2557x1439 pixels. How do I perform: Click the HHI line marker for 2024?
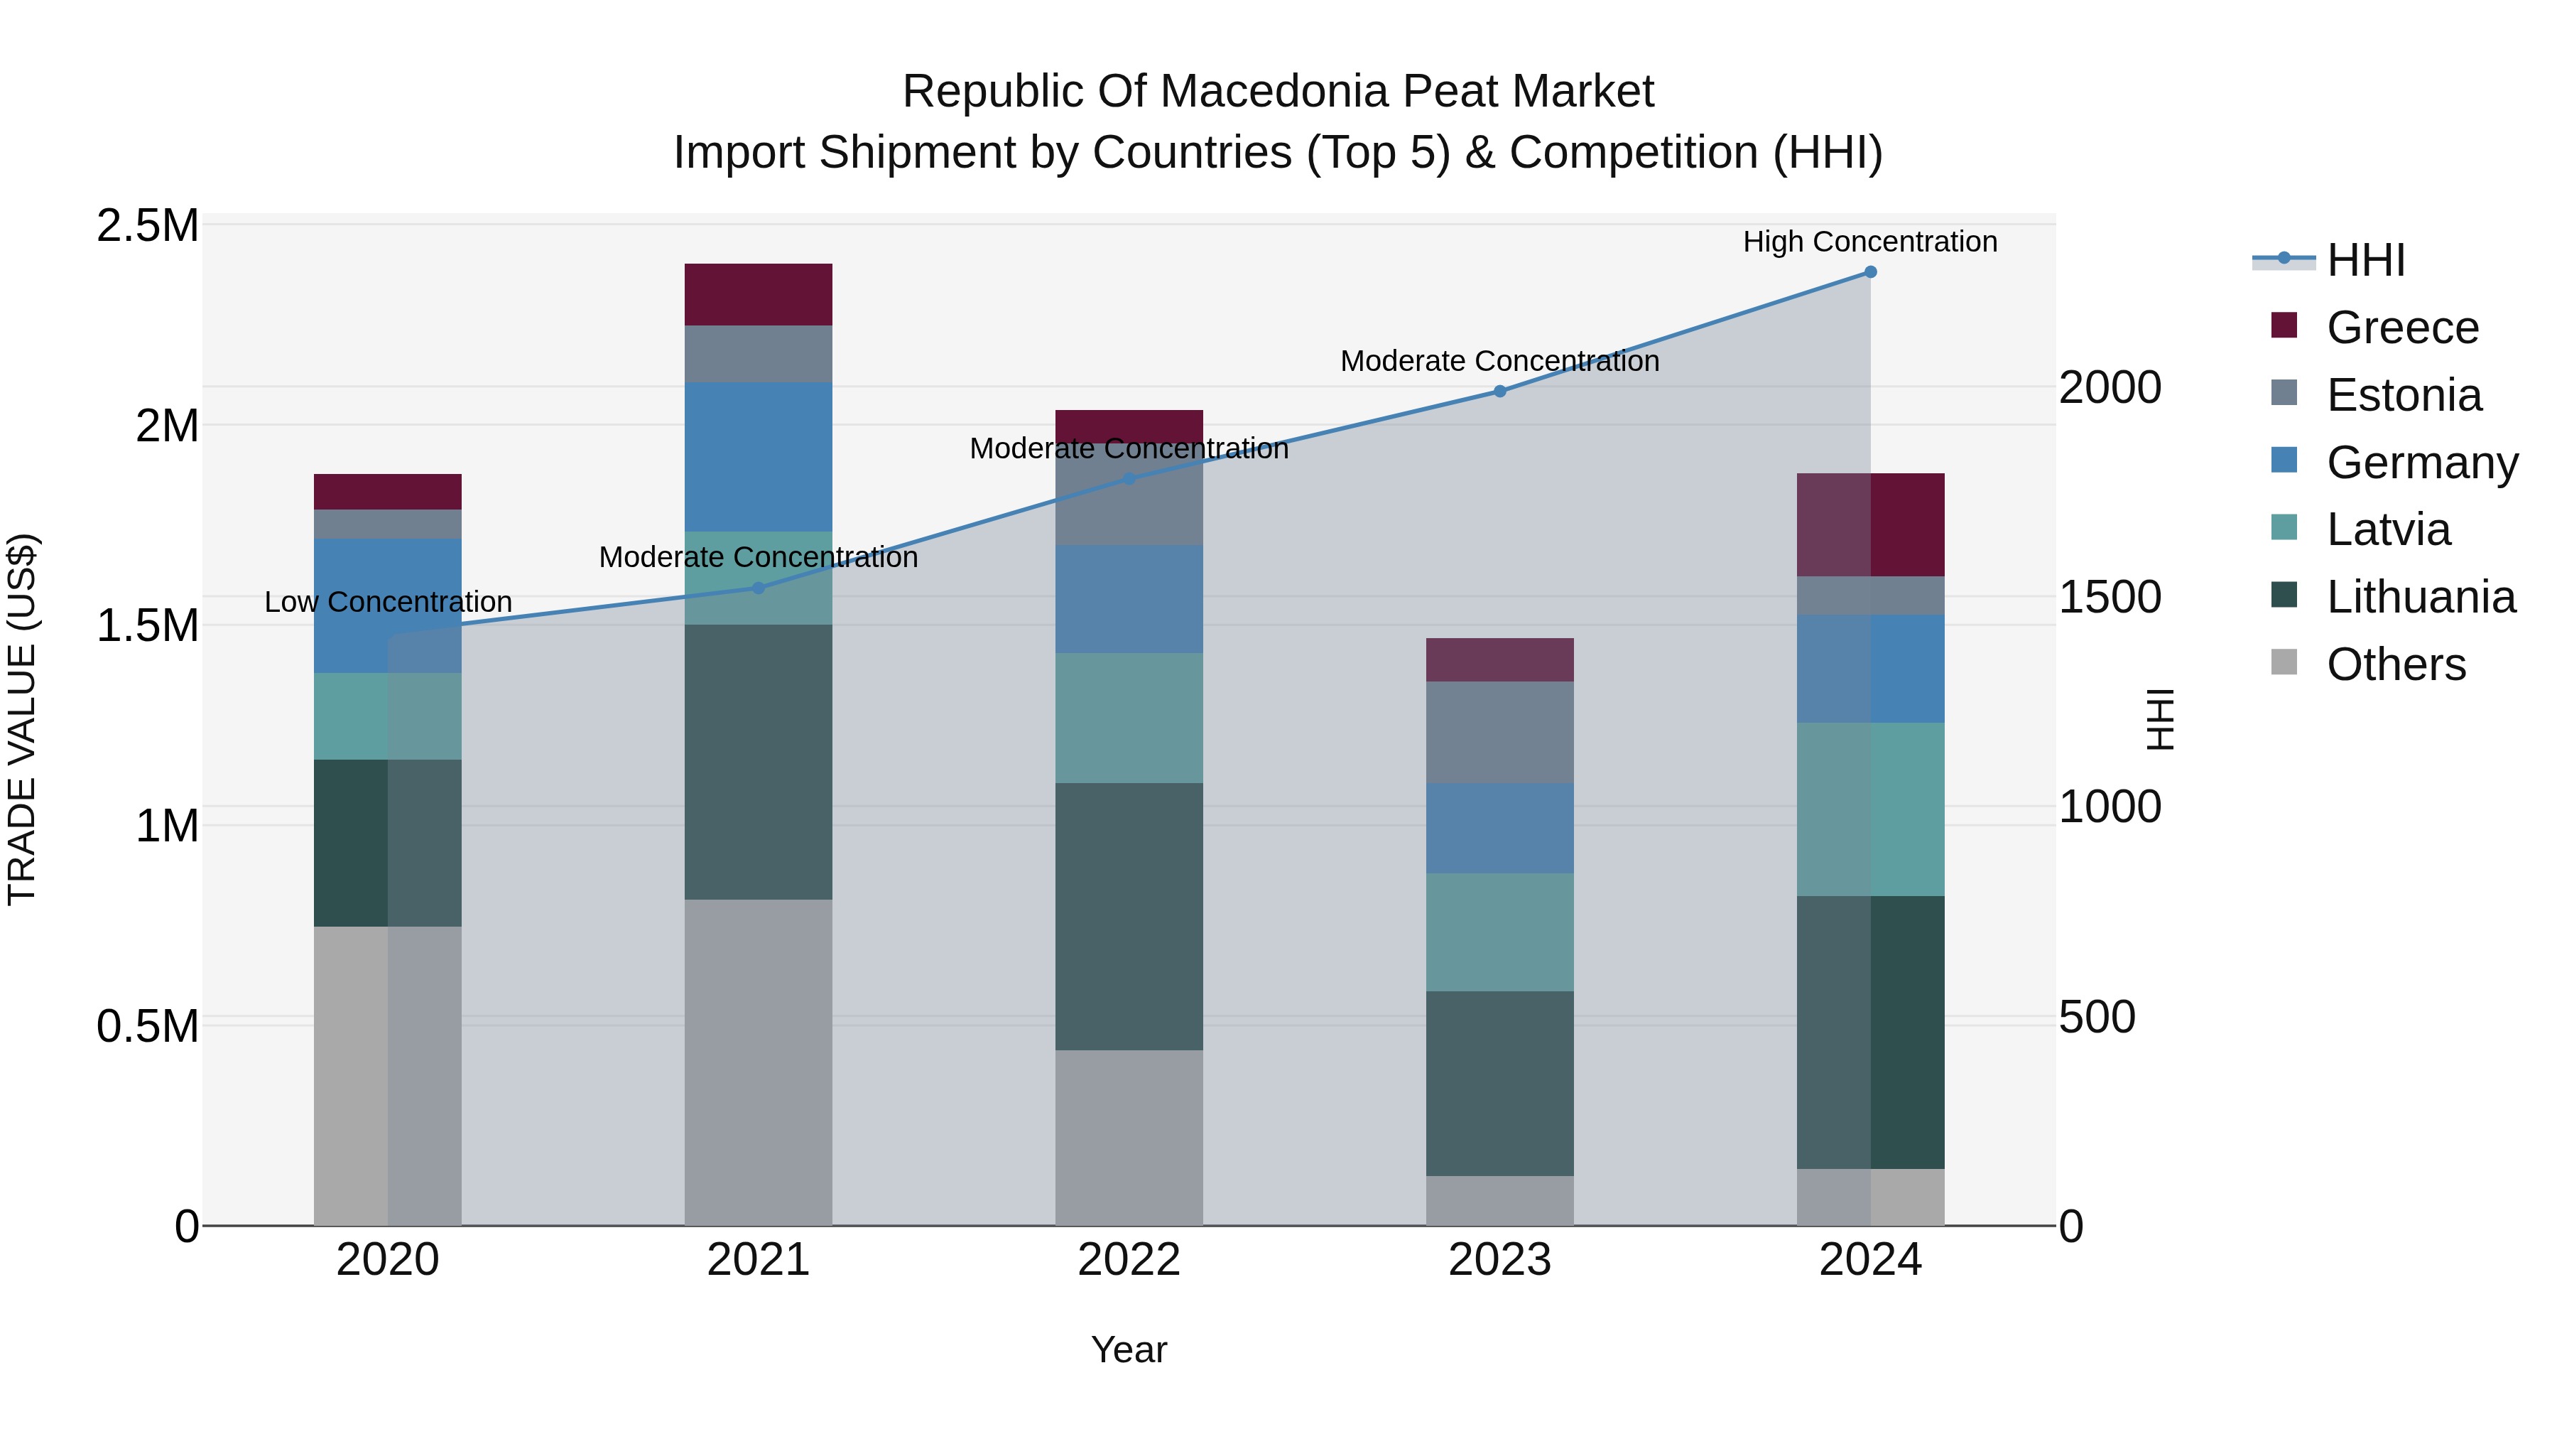[x=1870, y=272]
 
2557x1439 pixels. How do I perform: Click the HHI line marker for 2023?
[x=1500, y=392]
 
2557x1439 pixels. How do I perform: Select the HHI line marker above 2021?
[x=759, y=588]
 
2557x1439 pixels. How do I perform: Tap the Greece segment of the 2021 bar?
[x=759, y=294]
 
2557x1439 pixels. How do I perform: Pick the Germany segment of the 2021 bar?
[x=759, y=457]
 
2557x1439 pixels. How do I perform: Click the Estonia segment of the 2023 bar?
[x=1500, y=732]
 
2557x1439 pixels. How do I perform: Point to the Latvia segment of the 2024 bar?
[x=1870, y=809]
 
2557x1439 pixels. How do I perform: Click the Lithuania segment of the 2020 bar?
[x=387, y=842]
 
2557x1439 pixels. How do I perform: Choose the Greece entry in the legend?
[x=2402, y=328]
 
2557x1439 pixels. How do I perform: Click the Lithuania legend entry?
[x=2420, y=597]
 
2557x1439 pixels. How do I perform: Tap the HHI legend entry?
[x=2365, y=260]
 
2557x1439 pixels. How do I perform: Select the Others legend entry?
[x=2395, y=664]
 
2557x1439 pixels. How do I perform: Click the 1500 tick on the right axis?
[x=2110, y=597]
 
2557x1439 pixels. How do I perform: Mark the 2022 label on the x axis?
[x=1129, y=1260]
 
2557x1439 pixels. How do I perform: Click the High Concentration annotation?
[x=1870, y=242]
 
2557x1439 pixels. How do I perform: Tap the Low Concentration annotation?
[x=388, y=602]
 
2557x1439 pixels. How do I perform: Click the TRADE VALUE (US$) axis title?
[x=22, y=719]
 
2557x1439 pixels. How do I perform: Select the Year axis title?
[x=1129, y=1349]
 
